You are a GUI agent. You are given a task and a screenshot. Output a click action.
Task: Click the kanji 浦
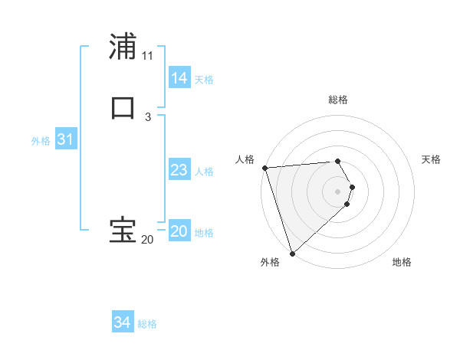coord(123,47)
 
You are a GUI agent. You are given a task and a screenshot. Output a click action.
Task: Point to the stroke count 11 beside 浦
coord(147,55)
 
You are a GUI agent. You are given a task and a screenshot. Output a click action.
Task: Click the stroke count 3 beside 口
coord(147,116)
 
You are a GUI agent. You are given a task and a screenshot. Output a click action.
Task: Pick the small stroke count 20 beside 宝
coord(147,240)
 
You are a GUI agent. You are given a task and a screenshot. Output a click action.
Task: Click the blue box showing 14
coord(179,78)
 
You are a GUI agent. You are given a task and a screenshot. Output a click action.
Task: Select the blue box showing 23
coord(179,171)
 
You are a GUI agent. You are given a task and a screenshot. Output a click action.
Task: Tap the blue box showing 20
coord(179,232)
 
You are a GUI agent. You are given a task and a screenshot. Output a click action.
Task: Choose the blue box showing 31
coord(65,140)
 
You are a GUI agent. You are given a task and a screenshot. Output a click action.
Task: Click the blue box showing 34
coord(122,323)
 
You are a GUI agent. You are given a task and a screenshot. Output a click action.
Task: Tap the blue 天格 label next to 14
coord(204,80)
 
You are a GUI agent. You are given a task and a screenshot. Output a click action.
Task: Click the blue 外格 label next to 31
coord(41,141)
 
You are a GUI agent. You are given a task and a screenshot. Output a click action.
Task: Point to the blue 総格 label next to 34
coord(147,324)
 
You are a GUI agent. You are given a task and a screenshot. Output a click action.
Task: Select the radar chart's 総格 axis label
coord(338,100)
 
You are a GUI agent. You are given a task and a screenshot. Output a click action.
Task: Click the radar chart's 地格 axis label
coord(402,263)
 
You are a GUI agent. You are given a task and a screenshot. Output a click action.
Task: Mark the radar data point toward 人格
coord(264,168)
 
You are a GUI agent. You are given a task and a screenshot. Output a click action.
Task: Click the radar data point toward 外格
coord(292,253)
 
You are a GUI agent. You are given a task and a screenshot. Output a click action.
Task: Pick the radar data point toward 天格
coord(352,187)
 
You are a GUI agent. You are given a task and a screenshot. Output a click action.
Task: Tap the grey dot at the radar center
coord(338,191)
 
